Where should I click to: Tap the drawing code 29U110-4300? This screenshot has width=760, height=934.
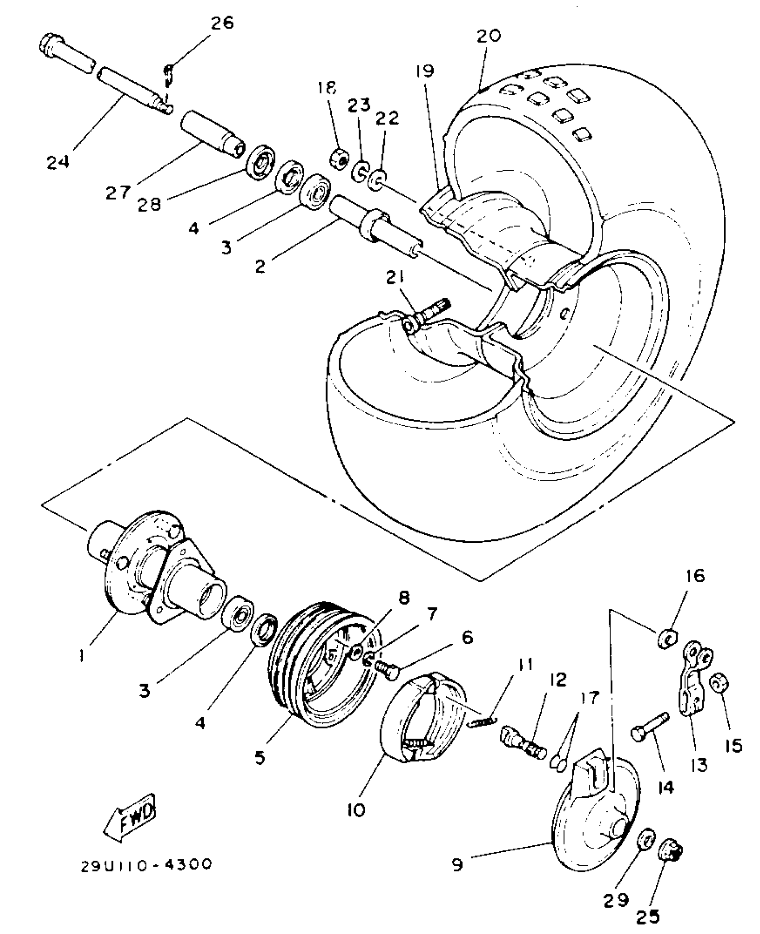click(146, 865)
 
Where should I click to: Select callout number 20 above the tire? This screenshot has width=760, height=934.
click(489, 36)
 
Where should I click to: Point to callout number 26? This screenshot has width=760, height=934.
click(222, 23)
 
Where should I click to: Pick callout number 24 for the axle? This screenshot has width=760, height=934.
click(58, 161)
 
